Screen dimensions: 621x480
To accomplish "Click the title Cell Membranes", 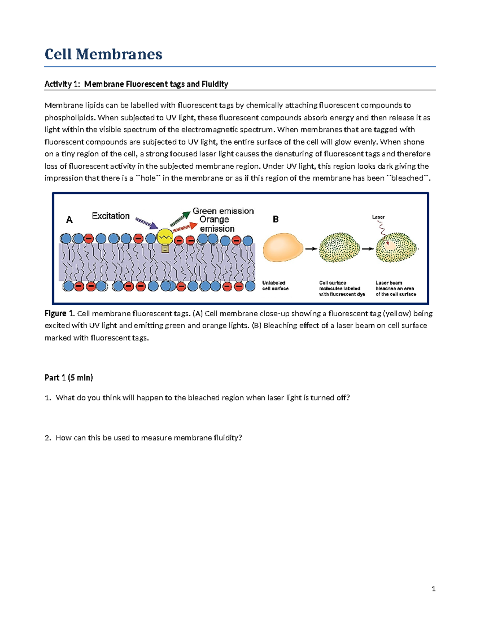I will pos(103,54).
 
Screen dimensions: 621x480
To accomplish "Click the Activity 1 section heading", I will pos(136,84).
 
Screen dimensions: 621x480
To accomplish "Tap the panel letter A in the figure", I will pos(69,220).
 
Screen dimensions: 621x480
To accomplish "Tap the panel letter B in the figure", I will pos(276,219).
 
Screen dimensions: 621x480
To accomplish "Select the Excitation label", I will pos(111,216).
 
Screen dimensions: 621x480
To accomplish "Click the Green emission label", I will pos(223,211).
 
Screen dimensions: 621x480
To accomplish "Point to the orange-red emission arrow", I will pos(185,228).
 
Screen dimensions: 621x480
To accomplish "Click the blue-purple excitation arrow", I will pos(146,224).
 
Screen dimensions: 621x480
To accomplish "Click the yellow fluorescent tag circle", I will pos(164,238).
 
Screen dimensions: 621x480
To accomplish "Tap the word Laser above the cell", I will pos(378,217).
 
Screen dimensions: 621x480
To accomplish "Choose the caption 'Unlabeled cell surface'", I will pos(275,286).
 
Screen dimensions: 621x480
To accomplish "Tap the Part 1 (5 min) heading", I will pos(69,377).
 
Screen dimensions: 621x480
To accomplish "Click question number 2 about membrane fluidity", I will pos(148,438).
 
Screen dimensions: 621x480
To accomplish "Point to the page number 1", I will pos(434,589).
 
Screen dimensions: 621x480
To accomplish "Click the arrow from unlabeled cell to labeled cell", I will pos(311,249).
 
